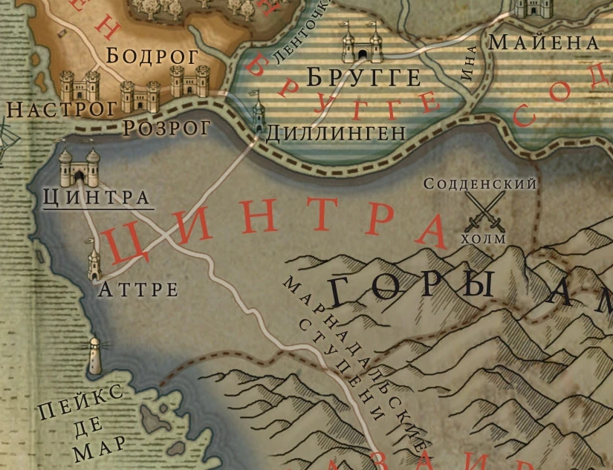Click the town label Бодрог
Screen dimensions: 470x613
[154, 56]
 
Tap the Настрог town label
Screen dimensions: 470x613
[62, 110]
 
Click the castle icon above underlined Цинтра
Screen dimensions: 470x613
[79, 167]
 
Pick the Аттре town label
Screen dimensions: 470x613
[139, 290]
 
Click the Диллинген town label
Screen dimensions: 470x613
[337, 134]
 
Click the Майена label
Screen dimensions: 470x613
[544, 42]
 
